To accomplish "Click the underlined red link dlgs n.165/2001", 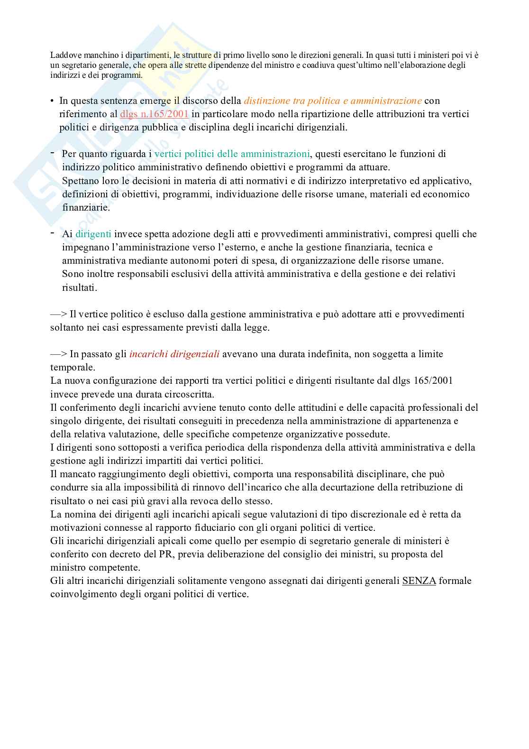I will tap(155, 114).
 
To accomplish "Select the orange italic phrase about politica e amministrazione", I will tap(333, 101).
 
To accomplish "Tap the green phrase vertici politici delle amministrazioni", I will tap(232, 154).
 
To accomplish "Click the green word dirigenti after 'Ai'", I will tap(93, 234).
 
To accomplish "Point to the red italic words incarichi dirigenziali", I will tap(174, 354).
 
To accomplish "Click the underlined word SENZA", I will tap(419, 581).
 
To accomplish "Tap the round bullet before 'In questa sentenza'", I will tap(53, 101).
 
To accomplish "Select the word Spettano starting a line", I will tap(80, 181).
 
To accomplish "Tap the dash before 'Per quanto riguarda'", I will tap(52, 152).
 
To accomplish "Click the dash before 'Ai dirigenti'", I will tap(52, 232).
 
